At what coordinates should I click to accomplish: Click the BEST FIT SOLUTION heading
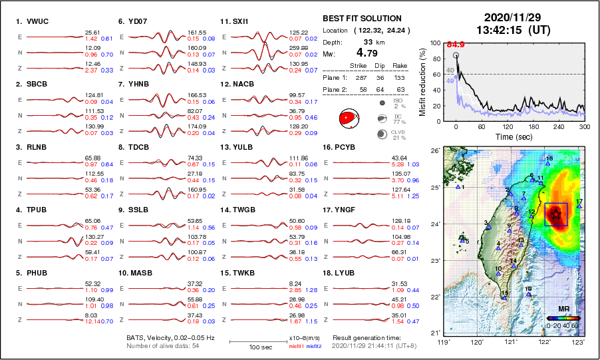[362, 19]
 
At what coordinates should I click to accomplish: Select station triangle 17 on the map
[579, 206]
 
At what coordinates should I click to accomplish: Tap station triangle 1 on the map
[458, 187]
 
